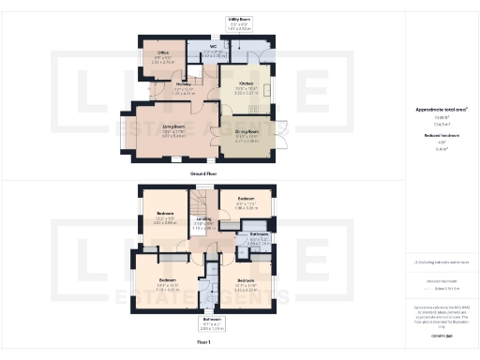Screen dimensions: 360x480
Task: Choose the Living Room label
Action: point(172,130)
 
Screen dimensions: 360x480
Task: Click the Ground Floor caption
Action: point(205,172)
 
